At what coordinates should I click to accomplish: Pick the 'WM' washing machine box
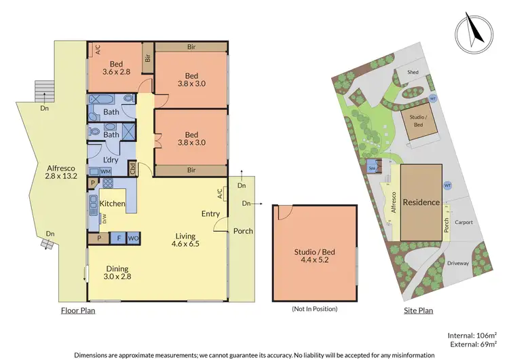[105, 172]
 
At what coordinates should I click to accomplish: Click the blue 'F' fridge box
[119, 238]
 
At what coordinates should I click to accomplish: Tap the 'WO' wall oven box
[133, 238]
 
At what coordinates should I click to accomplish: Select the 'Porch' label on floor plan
[243, 231]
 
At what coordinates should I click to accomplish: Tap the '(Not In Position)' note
[314, 309]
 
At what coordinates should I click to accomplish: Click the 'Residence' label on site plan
[421, 202]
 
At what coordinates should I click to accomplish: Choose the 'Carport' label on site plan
[465, 221]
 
